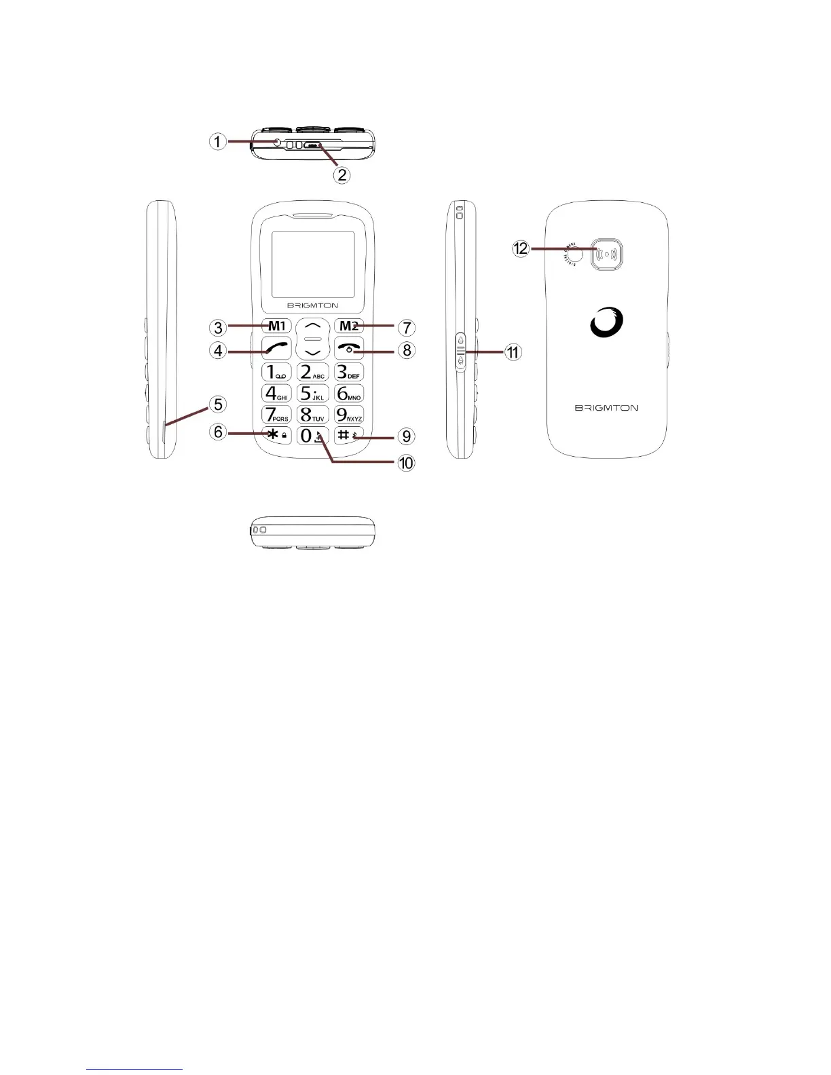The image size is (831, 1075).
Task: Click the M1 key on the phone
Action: coord(276,326)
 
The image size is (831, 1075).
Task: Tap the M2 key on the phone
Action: coord(349,326)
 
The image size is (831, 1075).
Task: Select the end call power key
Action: coord(349,348)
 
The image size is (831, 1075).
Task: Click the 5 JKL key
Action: coord(313,393)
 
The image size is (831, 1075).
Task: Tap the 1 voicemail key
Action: coord(277,372)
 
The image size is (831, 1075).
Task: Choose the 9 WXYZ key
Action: coord(349,414)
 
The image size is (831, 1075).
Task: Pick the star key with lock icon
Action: coord(277,435)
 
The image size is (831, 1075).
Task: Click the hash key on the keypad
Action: coord(349,435)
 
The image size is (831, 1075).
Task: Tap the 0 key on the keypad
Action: coord(313,436)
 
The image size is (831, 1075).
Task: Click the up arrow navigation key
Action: coord(312,325)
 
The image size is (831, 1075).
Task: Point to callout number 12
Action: coord(521,249)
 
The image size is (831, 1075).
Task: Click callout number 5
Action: coord(218,404)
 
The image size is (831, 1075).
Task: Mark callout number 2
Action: coord(342,174)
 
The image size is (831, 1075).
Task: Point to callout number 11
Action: coord(513,352)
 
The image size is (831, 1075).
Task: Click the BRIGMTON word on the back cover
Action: coord(606,408)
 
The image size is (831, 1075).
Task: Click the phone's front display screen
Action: coord(312,263)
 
